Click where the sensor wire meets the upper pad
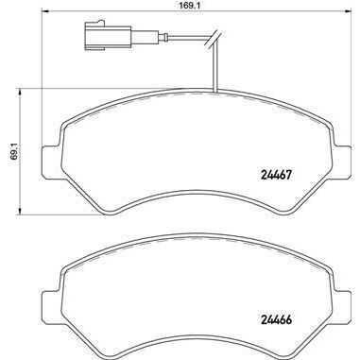click(x=216, y=94)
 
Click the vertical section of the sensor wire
click(x=216, y=71)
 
